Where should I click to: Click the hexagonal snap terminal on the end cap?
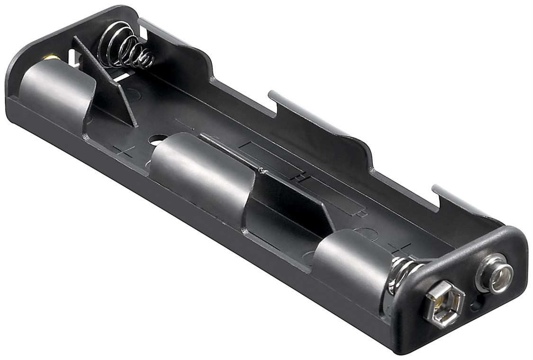(x=444, y=304)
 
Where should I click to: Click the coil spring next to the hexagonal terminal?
(x=401, y=275)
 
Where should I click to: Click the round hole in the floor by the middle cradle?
(x=158, y=140)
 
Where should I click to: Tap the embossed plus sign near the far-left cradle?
(x=124, y=152)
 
